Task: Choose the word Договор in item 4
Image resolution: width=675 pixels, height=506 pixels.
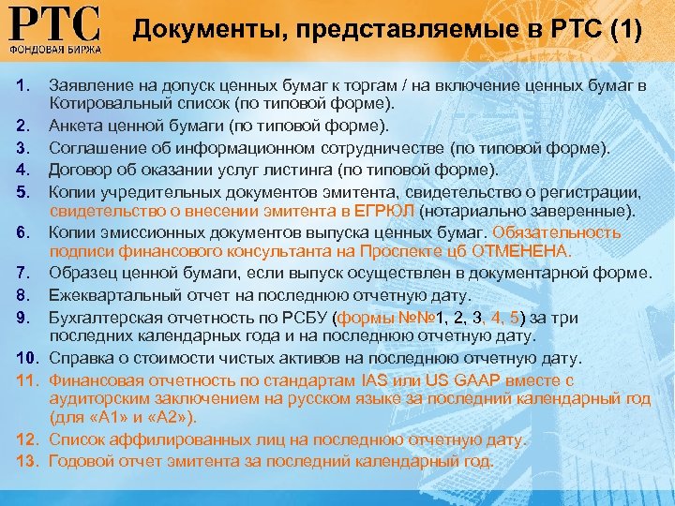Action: click(x=80, y=170)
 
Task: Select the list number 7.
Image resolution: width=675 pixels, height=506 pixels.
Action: click(x=22, y=272)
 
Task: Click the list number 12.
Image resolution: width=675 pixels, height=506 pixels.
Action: click(x=26, y=439)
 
